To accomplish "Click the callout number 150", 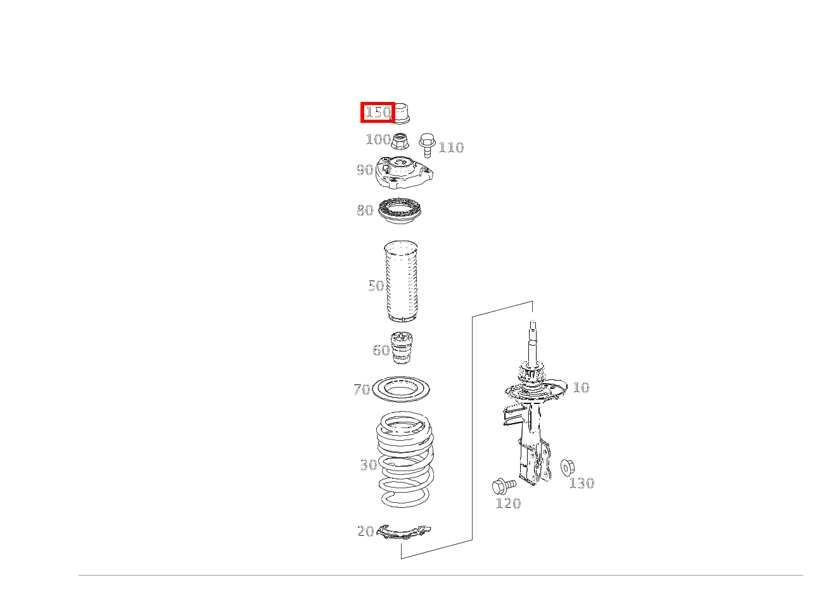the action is [x=378, y=112].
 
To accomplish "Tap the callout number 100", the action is [x=378, y=139].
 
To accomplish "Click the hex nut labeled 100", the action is [x=400, y=141].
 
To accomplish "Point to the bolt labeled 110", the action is [x=427, y=145].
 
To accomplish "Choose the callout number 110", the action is [x=452, y=148].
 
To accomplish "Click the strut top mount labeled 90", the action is [x=404, y=172].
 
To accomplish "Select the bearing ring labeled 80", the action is [x=400, y=212].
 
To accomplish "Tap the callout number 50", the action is [x=376, y=286].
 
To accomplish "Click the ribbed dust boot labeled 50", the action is [x=401, y=281].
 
